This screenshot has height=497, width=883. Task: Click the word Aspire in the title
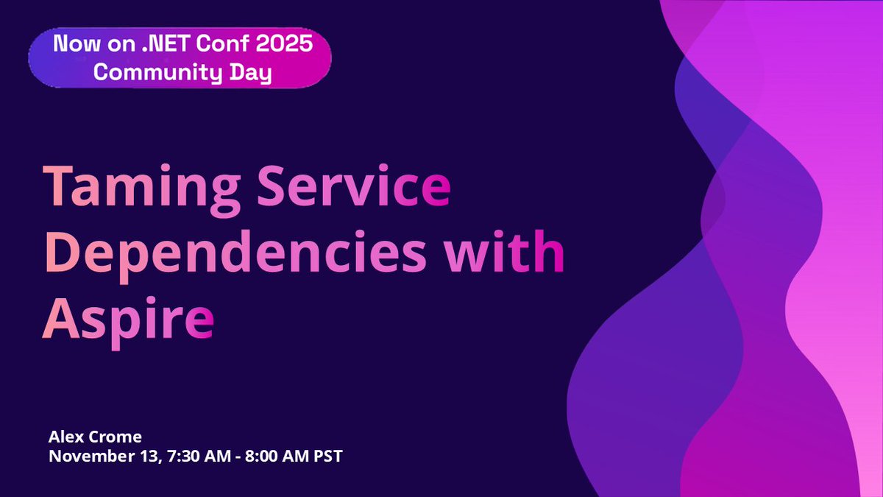point(127,320)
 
